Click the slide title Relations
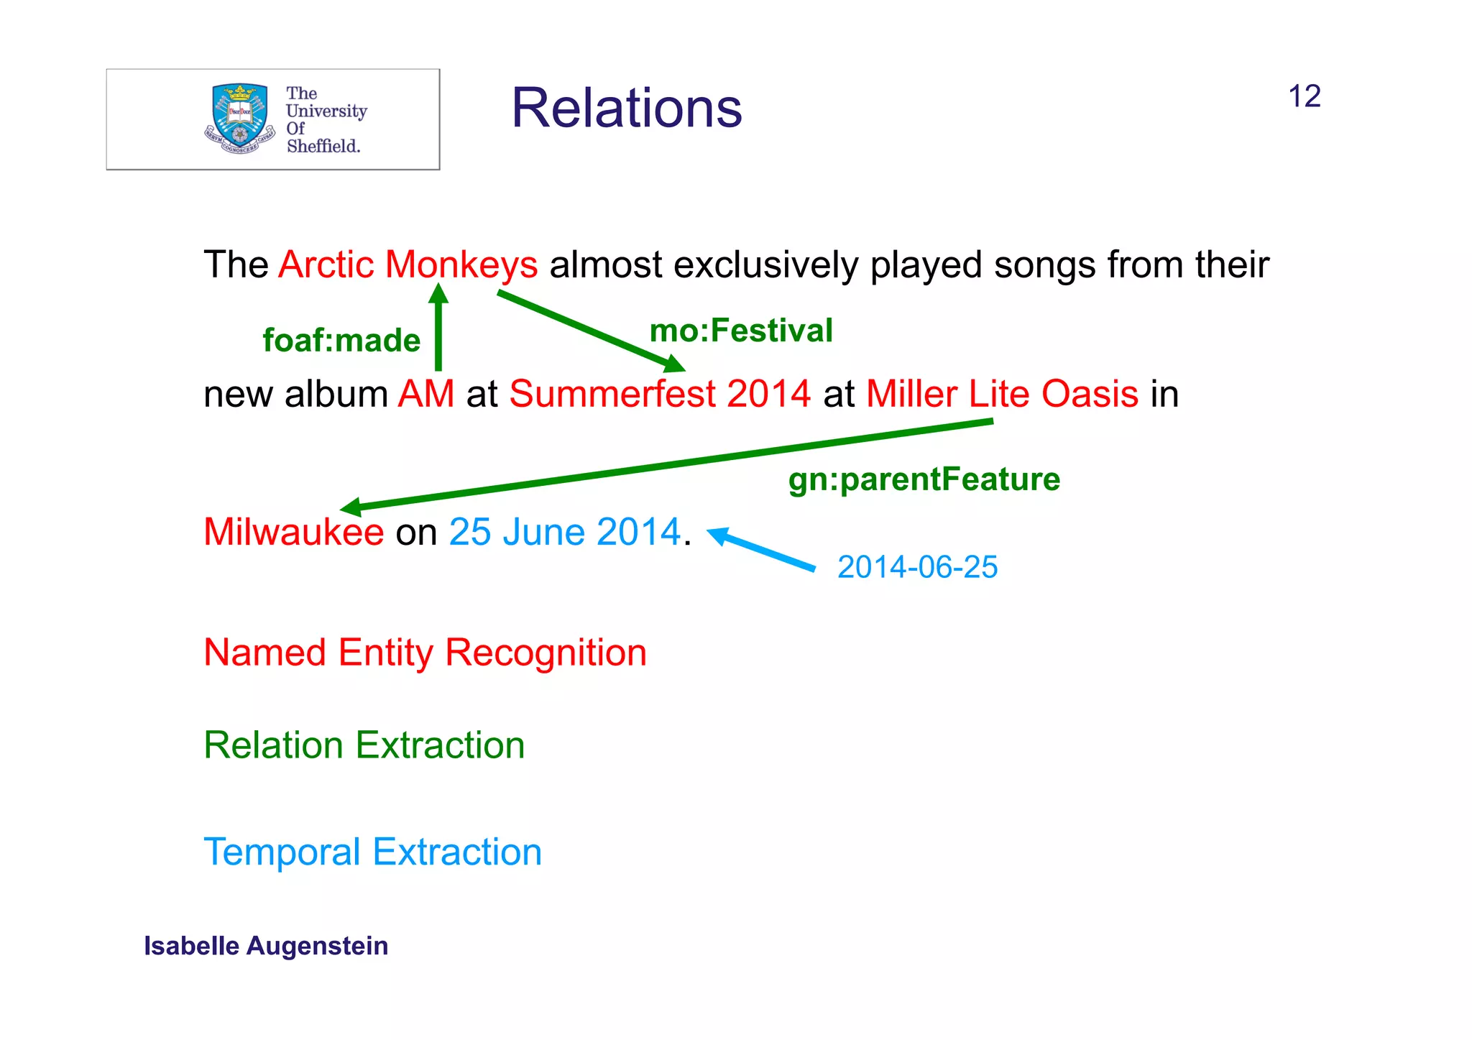click(x=626, y=109)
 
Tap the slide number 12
click(x=1304, y=96)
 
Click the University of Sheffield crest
click(x=239, y=119)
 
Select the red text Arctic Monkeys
click(x=408, y=264)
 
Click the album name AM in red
click(x=426, y=394)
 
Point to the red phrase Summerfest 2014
click(x=660, y=394)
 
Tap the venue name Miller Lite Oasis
click(x=1002, y=394)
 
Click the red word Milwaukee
click(x=293, y=532)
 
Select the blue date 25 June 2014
click(x=564, y=532)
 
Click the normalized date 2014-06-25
click(x=917, y=567)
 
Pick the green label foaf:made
click(x=341, y=341)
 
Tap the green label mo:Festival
click(x=741, y=331)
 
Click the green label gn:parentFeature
click(x=924, y=479)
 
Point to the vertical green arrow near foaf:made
click(x=438, y=331)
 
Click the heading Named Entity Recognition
click(x=425, y=653)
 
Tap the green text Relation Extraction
click(x=364, y=745)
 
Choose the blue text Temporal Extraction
click(x=372, y=852)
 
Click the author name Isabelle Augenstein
click(x=266, y=946)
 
